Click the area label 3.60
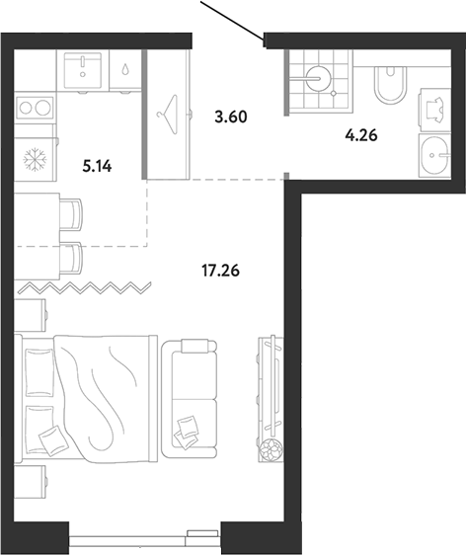coord(231,117)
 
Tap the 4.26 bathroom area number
coord(361,135)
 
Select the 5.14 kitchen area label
coord(97,166)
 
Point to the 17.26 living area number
coord(220,271)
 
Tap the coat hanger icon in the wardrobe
coord(167,115)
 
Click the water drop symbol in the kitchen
coord(125,69)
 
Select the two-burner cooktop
coord(35,107)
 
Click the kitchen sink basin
coord(83,70)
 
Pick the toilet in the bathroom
coord(390,84)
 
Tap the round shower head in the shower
coord(318,78)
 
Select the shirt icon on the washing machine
coord(434,109)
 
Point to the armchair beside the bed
coord(189,399)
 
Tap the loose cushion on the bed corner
coord(52,439)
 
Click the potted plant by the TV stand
coord(272,450)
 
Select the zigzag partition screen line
coord(85,288)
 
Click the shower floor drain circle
coord(334,93)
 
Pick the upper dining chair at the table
coord(72,213)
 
